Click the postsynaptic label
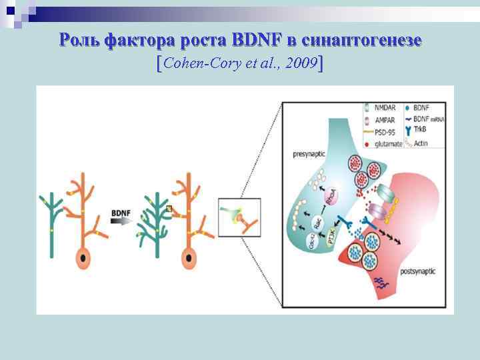419,272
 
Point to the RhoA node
331,197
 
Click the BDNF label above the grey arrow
121,213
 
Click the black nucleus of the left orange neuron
83,257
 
